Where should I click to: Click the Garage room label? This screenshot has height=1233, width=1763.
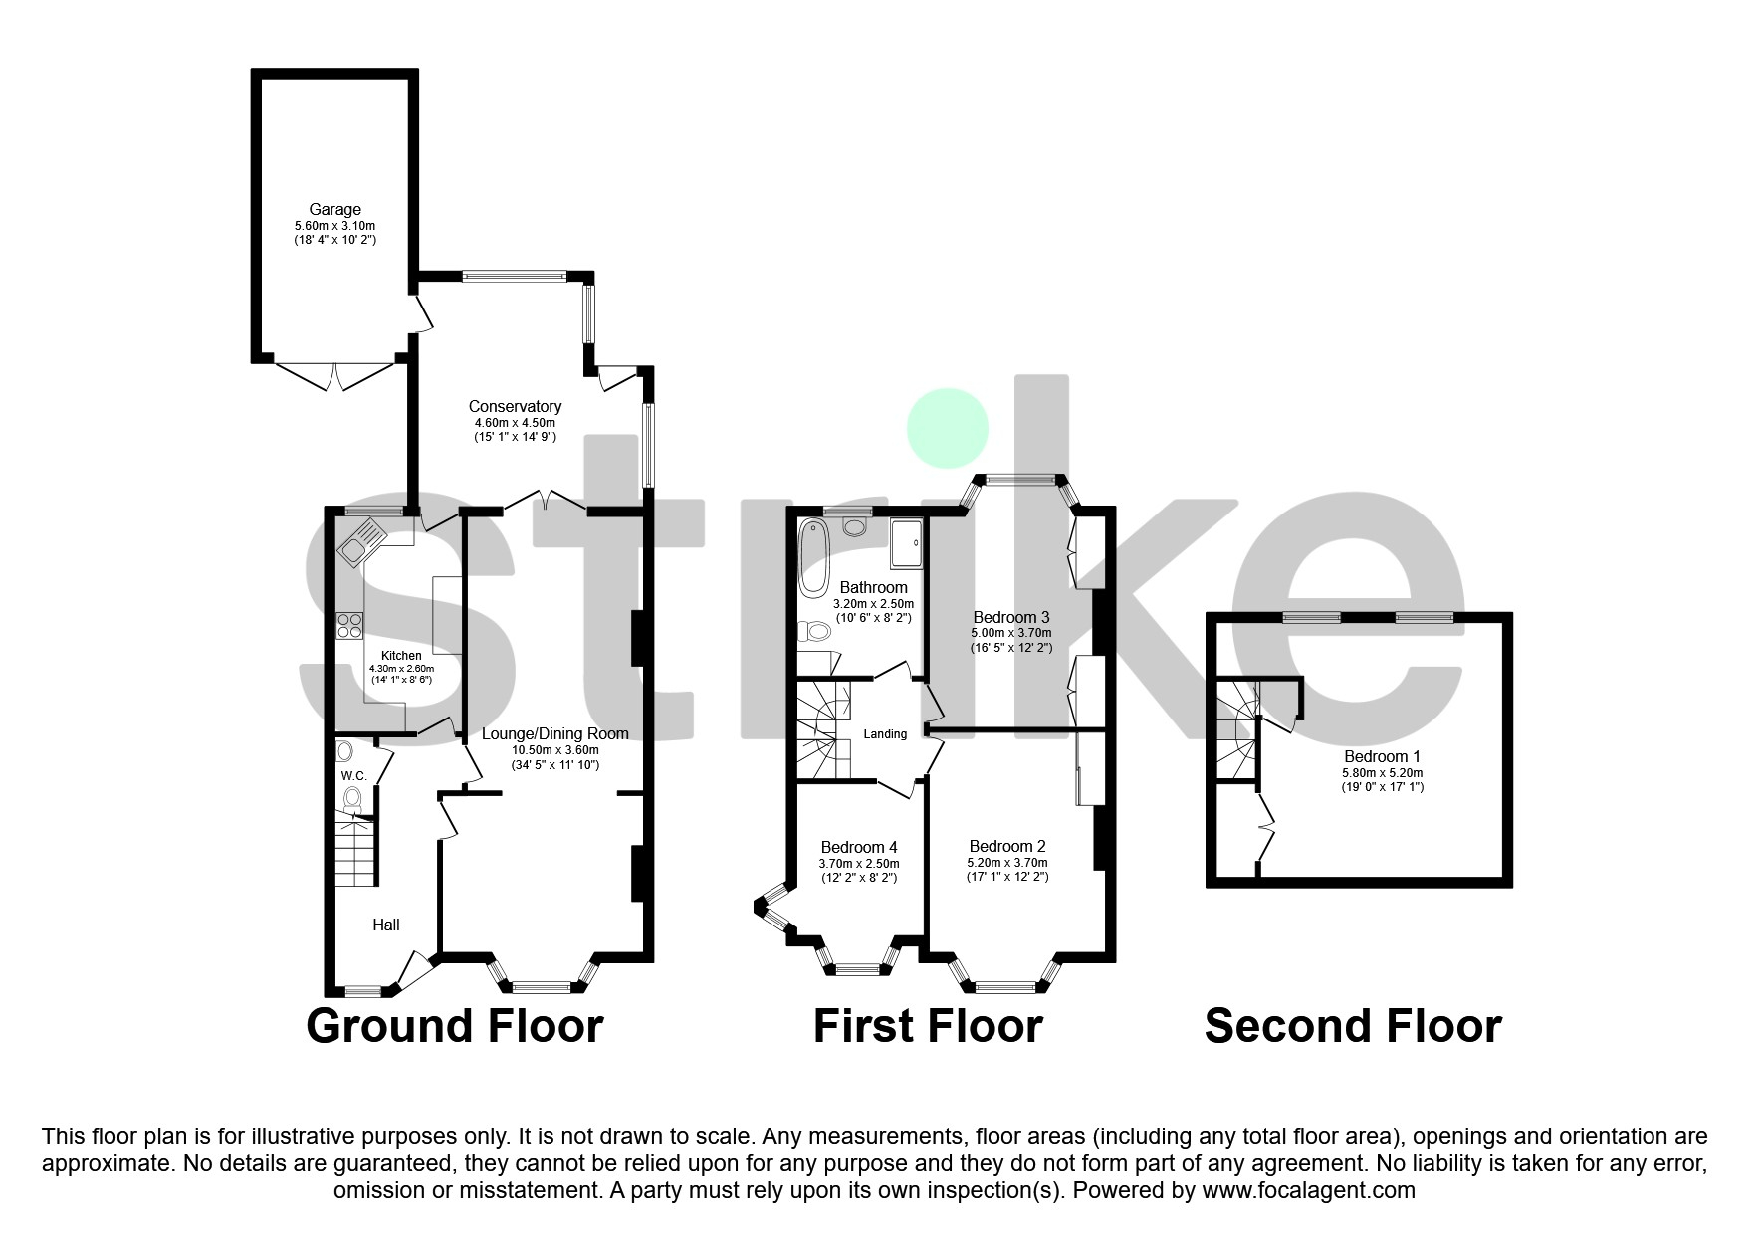(334, 210)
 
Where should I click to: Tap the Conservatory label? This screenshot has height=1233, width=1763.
(515, 407)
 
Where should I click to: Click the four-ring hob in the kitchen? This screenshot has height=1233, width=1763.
(349, 625)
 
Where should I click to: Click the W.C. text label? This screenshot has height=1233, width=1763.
(354, 775)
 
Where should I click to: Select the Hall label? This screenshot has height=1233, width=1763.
(386, 925)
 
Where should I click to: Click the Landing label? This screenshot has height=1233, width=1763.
(885, 734)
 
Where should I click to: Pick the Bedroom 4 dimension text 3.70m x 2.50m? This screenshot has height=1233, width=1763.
(858, 864)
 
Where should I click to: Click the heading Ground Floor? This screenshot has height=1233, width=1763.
(454, 1026)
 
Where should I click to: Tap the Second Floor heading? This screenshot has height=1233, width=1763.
(1352, 1026)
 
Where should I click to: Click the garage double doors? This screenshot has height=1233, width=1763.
(334, 376)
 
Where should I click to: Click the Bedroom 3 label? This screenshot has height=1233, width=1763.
(1011, 617)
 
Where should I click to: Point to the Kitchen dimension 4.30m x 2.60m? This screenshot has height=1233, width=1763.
(401, 669)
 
